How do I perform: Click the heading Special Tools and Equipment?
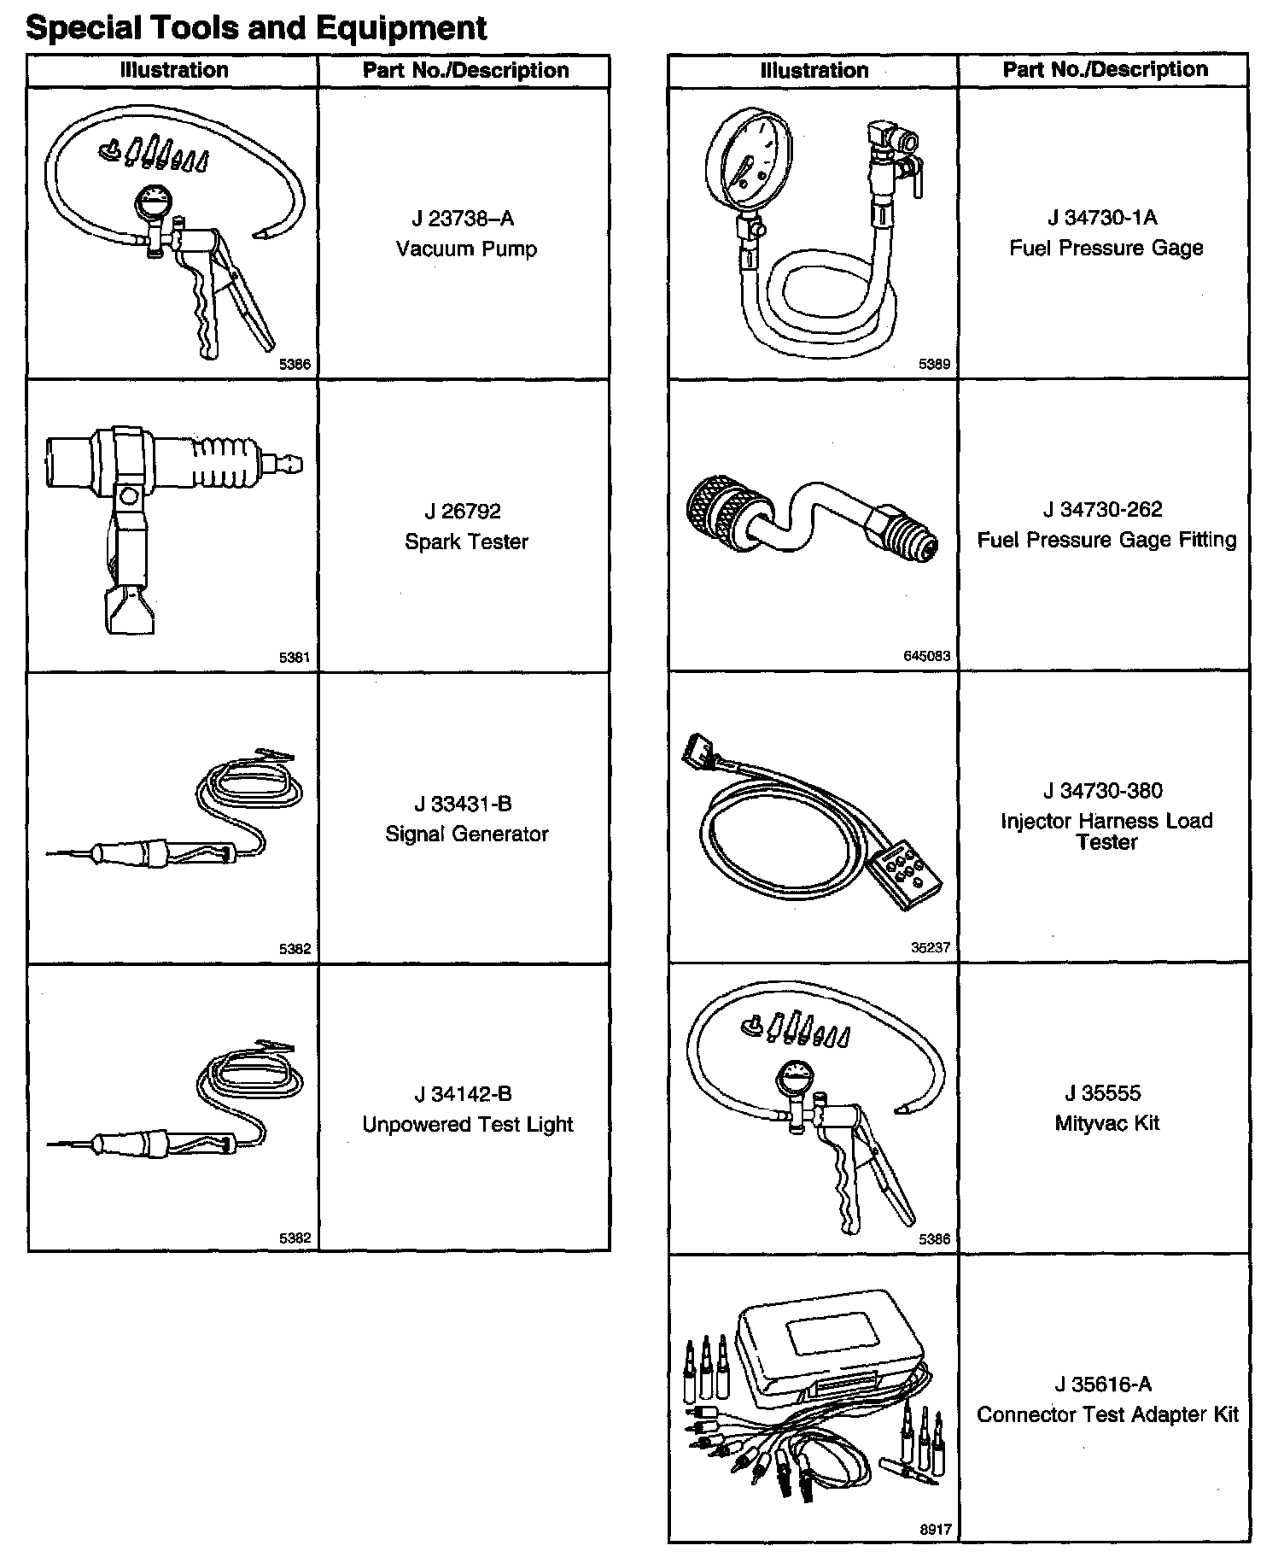256,27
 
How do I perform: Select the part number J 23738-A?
463,220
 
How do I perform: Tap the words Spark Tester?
466,541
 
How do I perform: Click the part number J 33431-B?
463,804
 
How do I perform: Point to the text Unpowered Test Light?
467,1124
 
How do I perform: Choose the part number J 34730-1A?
1102,218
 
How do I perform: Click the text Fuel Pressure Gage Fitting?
1106,540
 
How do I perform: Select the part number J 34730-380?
1102,791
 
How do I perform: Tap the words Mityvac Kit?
1106,1123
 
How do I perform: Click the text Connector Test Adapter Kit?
1106,1414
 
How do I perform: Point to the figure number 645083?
925,656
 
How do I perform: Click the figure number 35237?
930,947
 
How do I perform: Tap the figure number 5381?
295,658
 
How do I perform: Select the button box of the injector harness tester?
905,877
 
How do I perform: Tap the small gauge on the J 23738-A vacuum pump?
154,205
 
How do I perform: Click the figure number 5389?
934,365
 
